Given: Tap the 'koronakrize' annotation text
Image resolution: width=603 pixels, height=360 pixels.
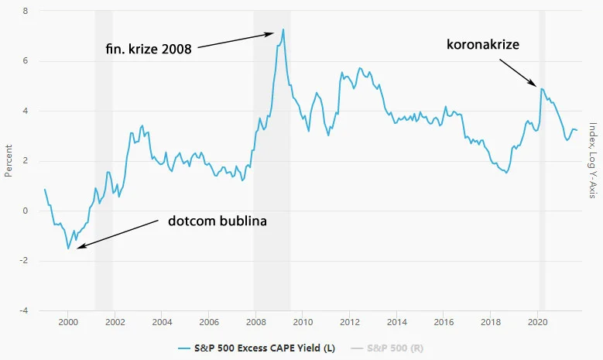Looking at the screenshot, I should click(x=483, y=44).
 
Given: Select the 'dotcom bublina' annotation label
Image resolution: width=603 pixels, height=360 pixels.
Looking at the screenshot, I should click(x=217, y=221).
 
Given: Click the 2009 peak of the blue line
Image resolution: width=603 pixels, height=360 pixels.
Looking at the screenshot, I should click(x=283, y=29).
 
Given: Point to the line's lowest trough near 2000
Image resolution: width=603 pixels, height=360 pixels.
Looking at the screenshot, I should click(x=68, y=249).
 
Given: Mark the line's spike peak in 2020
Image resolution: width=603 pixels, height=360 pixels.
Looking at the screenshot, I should click(x=542, y=89).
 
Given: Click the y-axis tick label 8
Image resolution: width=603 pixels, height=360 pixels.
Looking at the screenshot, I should click(x=26, y=12).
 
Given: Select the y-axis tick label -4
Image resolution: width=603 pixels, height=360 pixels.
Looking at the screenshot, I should click(x=24, y=310).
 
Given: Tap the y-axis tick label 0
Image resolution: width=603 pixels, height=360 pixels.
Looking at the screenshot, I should click(x=26, y=211).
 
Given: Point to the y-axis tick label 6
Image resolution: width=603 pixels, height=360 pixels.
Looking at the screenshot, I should click(x=26, y=61).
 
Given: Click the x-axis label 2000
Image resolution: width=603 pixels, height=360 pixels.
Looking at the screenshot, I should click(x=68, y=322).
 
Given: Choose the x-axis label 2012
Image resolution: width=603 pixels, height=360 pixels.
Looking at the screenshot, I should click(x=350, y=322).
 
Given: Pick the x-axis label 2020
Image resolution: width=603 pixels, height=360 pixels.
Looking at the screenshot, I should click(x=538, y=322).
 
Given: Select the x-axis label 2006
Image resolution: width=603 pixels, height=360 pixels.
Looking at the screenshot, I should click(x=209, y=322).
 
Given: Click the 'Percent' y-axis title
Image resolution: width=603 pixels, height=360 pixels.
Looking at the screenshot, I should click(x=9, y=161).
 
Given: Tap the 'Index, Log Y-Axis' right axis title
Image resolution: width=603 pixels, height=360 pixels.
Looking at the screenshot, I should click(x=593, y=161).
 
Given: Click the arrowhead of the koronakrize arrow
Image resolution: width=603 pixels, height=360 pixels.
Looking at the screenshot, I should click(x=536, y=84).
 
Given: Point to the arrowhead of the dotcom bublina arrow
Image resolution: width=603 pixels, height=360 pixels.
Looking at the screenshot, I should click(x=77, y=247).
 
